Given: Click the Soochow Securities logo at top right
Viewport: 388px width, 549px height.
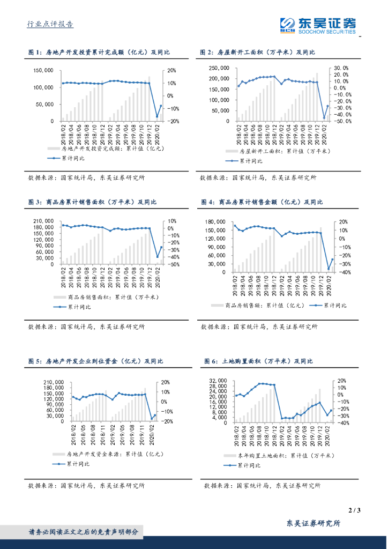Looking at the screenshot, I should click(x=317, y=25).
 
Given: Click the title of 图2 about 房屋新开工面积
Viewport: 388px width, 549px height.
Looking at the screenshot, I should click(x=257, y=53).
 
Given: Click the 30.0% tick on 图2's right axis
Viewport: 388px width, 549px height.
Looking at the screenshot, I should click(x=341, y=68).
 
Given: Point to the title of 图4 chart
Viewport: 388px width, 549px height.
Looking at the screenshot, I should click(x=262, y=202).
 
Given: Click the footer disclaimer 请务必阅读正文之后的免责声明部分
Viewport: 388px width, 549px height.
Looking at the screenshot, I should click(x=83, y=532).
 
